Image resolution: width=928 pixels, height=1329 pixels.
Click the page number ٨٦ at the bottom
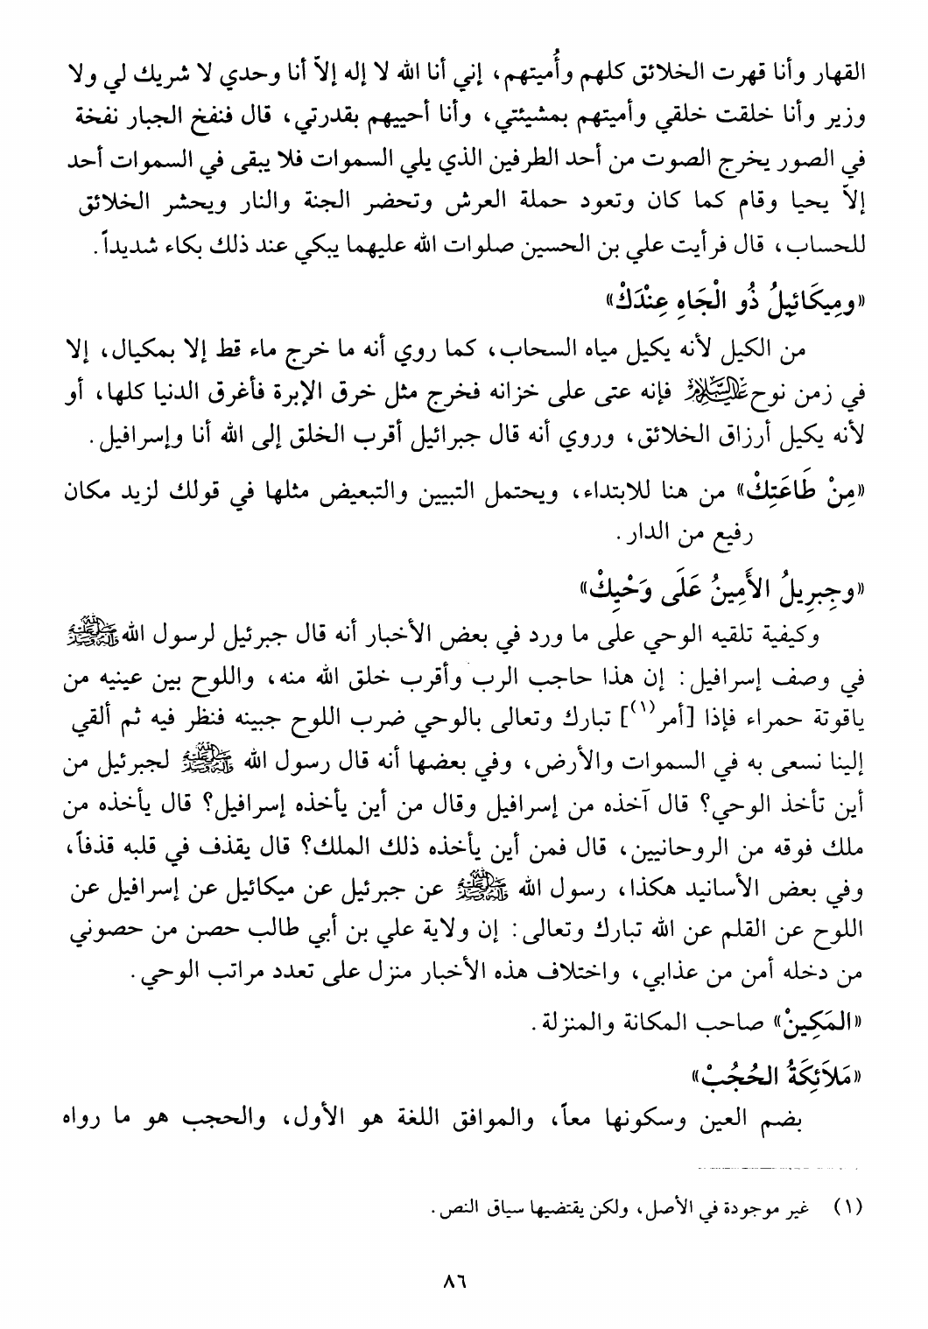click(453, 1281)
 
